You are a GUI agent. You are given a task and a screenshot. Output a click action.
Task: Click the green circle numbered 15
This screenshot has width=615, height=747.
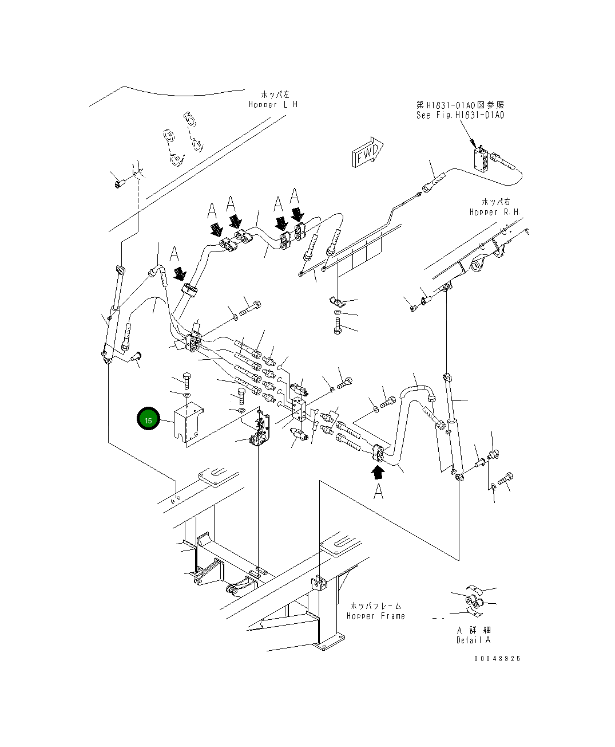coord(148,419)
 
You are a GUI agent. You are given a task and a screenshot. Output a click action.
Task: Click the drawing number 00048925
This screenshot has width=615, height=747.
coord(497,659)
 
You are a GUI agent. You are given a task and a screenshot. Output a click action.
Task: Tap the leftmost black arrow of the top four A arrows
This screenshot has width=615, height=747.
coord(216,229)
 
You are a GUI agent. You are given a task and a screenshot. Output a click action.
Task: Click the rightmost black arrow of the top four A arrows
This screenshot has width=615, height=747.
coord(297,215)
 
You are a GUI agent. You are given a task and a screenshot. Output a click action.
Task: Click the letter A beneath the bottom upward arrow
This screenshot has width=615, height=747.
coord(378,491)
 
